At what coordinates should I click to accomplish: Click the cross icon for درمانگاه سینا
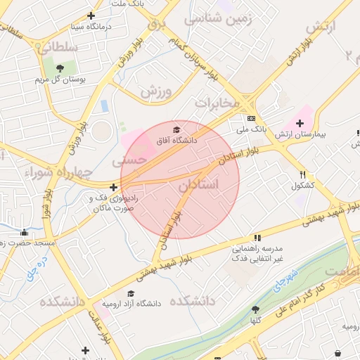click(91, 16)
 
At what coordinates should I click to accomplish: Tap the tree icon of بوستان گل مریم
click(59, 68)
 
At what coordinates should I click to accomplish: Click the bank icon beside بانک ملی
click(251, 118)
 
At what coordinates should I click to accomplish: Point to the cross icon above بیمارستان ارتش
click(300, 122)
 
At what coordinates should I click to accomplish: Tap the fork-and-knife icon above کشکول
click(302, 174)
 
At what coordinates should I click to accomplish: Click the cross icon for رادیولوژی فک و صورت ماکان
click(114, 187)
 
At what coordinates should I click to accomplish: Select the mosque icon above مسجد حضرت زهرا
click(25, 232)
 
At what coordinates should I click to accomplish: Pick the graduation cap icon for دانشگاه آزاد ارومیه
click(131, 293)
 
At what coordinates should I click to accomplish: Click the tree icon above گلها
click(255, 309)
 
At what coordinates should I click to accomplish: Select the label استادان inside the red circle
click(198, 184)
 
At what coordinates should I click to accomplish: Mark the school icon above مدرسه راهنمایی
click(257, 238)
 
